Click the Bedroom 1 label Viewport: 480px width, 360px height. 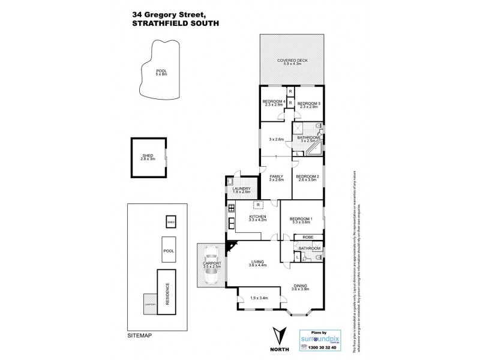(301, 220)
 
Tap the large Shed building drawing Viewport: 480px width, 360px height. (148, 157)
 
